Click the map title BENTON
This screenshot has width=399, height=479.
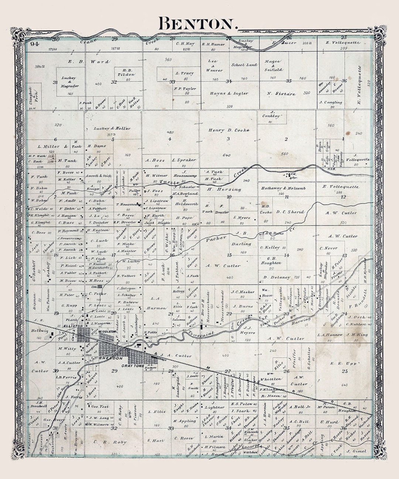pos(197,24)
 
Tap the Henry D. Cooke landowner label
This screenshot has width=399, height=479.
pos(229,130)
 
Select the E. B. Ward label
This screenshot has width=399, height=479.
pos(89,62)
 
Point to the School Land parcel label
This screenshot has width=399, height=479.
pos(244,65)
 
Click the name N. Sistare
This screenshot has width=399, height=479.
pos(281,94)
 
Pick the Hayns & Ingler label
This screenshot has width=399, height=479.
pos(229,94)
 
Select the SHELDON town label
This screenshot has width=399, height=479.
pos(110,359)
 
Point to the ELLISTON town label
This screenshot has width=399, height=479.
pos(73,326)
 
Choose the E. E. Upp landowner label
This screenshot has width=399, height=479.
pos(343,363)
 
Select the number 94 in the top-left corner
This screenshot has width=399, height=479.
pos(35,44)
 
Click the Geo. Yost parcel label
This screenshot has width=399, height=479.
pos(100,406)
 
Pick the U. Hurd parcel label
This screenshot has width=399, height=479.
pos(329,422)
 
